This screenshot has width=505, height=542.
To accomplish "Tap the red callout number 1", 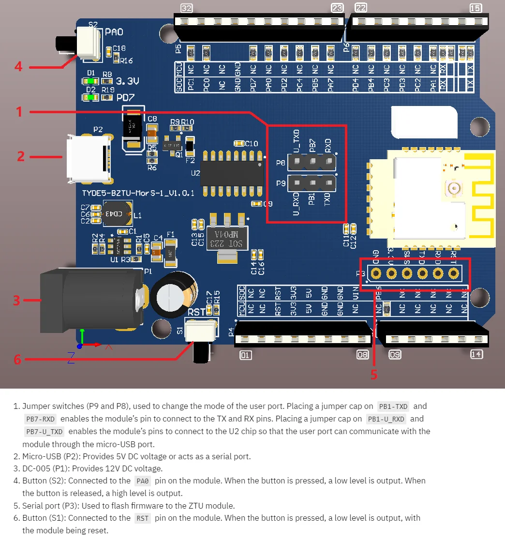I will (x=19, y=112).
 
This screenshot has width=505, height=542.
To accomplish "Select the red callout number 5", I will (x=373, y=374).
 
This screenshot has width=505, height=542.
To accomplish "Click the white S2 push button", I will (x=88, y=40).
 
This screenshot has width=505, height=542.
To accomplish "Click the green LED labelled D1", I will (x=90, y=81).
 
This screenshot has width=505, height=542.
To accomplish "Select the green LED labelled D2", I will (x=90, y=97).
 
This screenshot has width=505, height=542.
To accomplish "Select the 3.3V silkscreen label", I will (x=128, y=80).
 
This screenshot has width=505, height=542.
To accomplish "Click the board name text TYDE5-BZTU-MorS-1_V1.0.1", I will (x=138, y=193).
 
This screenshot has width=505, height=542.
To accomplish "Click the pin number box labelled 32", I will (x=186, y=8).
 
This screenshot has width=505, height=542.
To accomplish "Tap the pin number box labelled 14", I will (x=476, y=355).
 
